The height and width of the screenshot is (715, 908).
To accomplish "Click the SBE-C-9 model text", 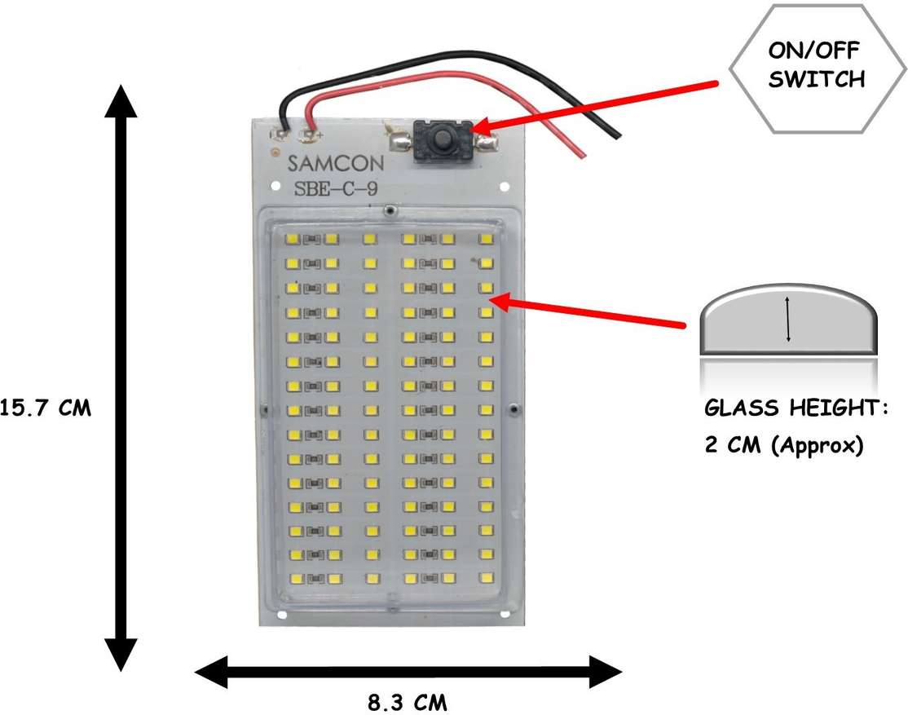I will pyautogui.click(x=334, y=192).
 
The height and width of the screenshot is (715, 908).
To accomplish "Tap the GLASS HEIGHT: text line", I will pyautogui.click(x=796, y=407).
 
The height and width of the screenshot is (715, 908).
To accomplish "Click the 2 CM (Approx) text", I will pyautogui.click(x=783, y=446).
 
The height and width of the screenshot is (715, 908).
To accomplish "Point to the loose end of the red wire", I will pyautogui.click(x=580, y=153).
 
